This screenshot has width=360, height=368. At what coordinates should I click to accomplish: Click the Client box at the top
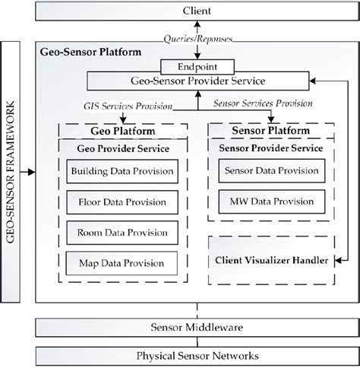click(197, 12)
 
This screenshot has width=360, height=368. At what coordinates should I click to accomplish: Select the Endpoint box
click(196, 66)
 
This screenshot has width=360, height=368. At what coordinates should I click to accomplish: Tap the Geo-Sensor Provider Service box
click(197, 80)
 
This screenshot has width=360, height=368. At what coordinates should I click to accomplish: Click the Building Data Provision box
click(122, 173)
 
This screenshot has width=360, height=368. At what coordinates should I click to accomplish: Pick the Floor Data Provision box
click(122, 203)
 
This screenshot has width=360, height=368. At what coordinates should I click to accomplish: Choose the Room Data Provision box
click(122, 233)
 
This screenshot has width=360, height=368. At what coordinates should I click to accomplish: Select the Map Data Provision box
click(122, 263)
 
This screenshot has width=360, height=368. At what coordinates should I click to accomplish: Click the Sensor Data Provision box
click(266, 173)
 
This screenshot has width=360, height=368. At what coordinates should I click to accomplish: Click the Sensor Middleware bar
click(197, 327)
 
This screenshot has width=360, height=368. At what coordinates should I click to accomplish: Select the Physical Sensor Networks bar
click(197, 355)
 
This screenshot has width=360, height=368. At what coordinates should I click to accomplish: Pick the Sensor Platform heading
click(266, 130)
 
